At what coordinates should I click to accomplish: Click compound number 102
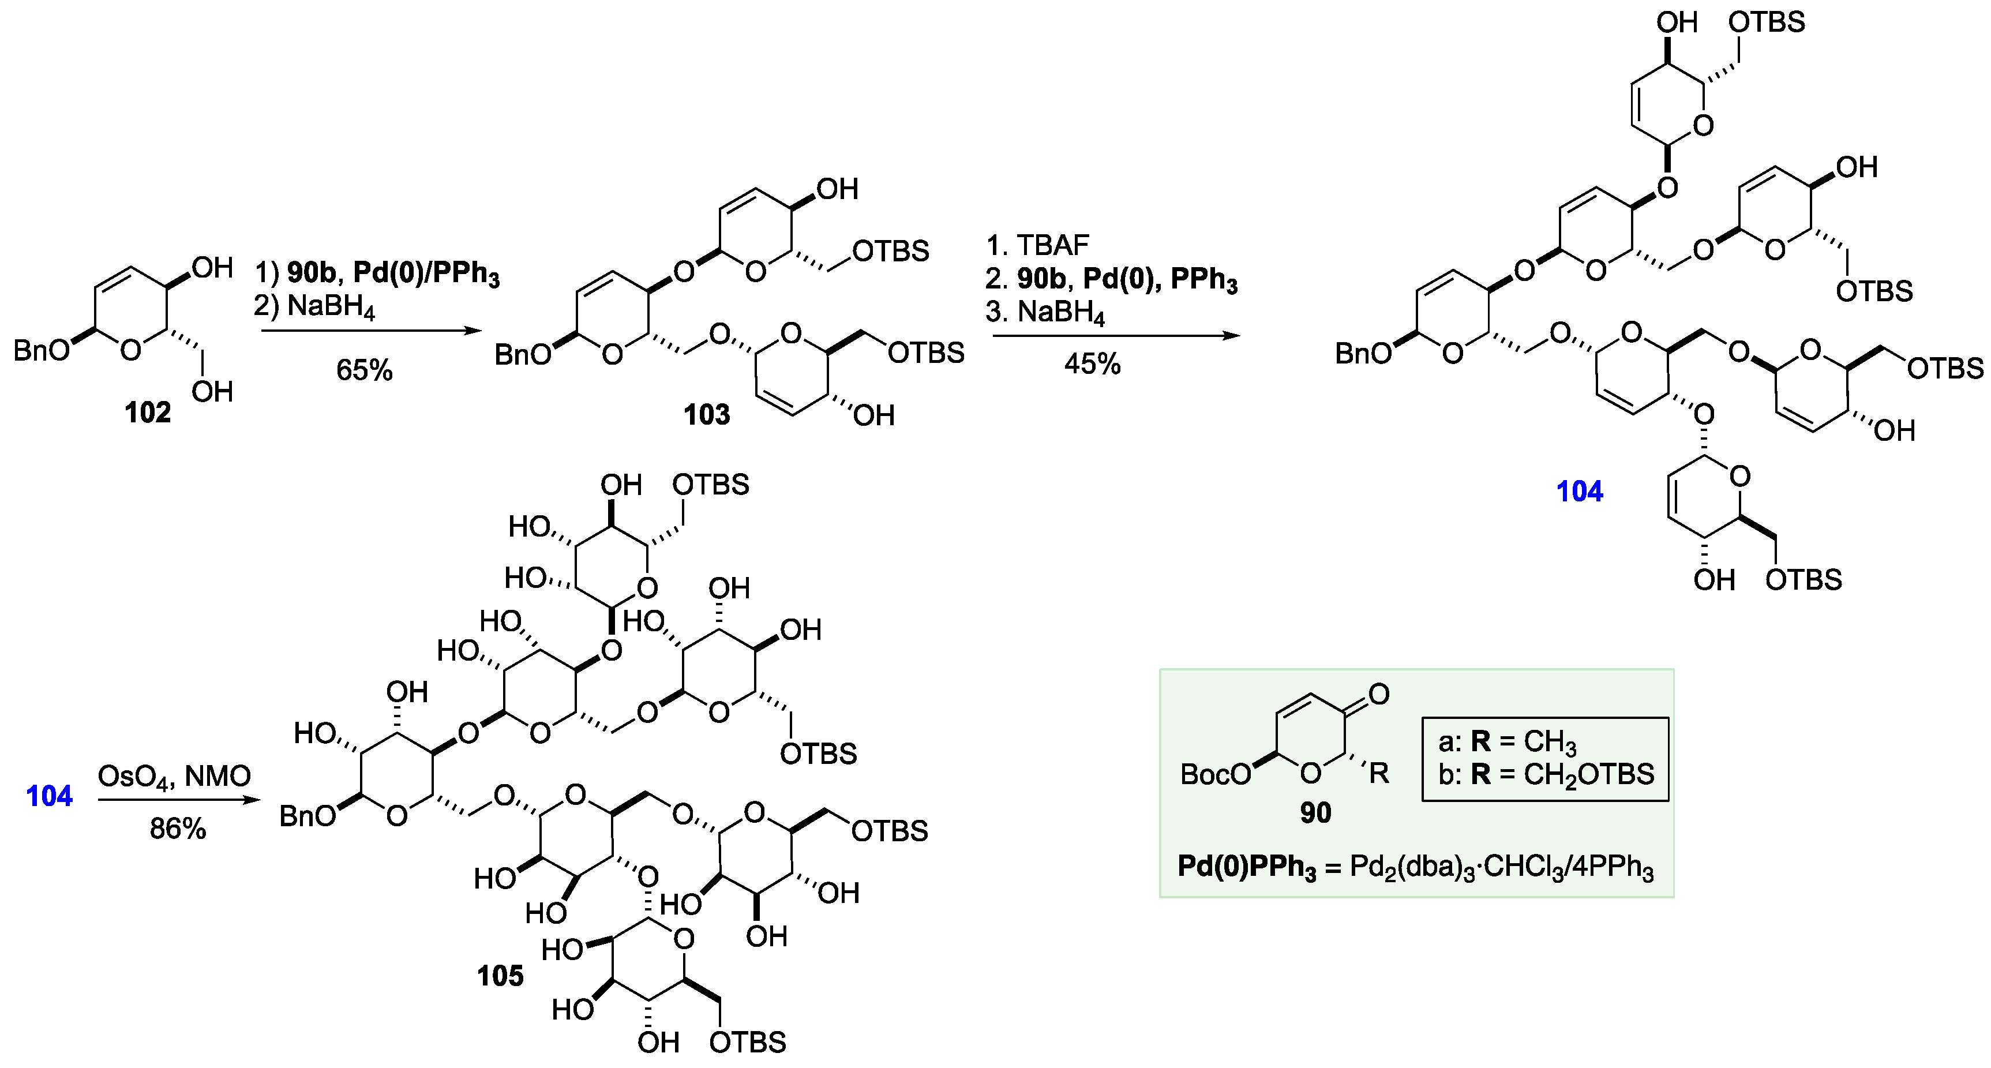[148, 413]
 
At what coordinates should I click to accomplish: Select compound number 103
[706, 415]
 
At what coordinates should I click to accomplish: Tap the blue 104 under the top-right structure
[1579, 492]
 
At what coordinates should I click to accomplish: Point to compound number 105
[500, 976]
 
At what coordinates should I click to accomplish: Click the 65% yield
[364, 370]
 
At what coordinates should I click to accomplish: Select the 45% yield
[1092, 364]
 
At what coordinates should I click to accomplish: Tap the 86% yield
[178, 829]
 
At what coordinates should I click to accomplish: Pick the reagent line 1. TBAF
[1037, 245]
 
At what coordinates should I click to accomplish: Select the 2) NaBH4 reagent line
[314, 308]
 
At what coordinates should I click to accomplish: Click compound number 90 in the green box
[1315, 812]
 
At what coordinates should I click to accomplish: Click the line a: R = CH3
[1506, 742]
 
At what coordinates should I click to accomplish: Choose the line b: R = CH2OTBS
[1546, 774]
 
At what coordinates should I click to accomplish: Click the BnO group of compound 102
[40, 351]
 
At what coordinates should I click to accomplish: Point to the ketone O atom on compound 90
[1379, 694]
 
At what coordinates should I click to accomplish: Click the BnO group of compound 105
[307, 815]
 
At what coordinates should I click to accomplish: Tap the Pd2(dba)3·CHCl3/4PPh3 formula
[1501, 867]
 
